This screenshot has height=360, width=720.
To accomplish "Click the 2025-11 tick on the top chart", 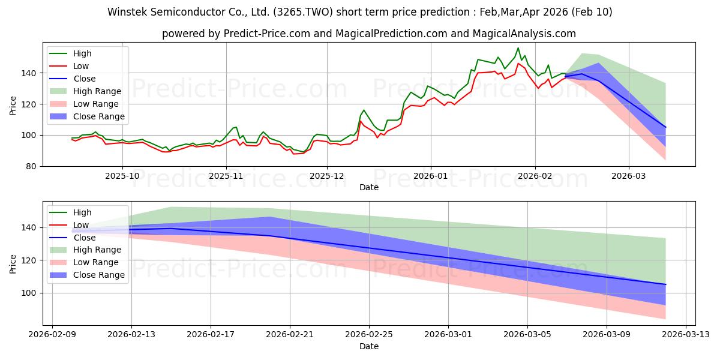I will click(226, 178).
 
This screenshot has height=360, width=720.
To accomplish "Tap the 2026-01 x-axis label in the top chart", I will click(430, 178).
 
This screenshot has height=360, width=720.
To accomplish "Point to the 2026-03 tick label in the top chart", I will click(629, 178).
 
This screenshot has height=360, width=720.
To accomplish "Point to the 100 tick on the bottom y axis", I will click(29, 293).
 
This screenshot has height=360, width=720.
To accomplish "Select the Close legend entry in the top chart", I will click(84, 79).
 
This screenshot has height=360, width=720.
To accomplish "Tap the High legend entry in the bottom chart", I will click(82, 212).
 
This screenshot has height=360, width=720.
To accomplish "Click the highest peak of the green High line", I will click(518, 48).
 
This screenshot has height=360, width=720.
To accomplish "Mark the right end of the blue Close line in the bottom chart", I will click(665, 284).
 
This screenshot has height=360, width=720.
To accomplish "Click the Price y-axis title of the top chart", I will click(13, 104).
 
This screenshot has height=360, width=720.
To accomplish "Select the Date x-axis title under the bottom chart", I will click(368, 346).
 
